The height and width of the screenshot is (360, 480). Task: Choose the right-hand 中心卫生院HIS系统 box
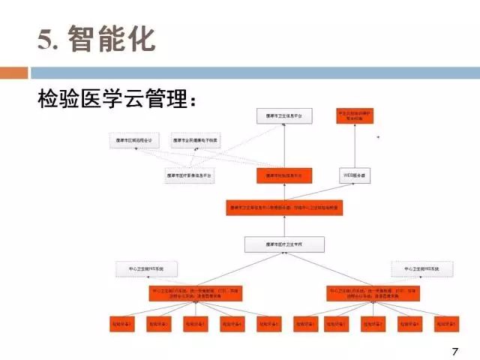point(421,268)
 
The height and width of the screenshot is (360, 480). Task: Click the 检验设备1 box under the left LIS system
point(120,323)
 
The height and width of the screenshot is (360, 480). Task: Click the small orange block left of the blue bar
point(13,73)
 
